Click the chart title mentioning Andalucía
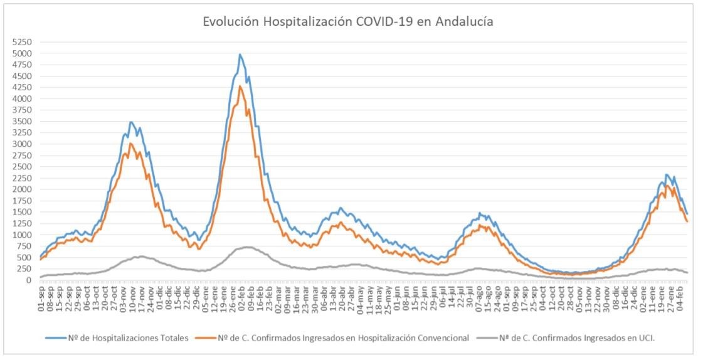[x=347, y=21]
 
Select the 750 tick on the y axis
[x=23, y=246]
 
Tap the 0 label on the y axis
[x=28, y=280]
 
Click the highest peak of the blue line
[x=240, y=55]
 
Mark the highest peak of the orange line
[x=240, y=86]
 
